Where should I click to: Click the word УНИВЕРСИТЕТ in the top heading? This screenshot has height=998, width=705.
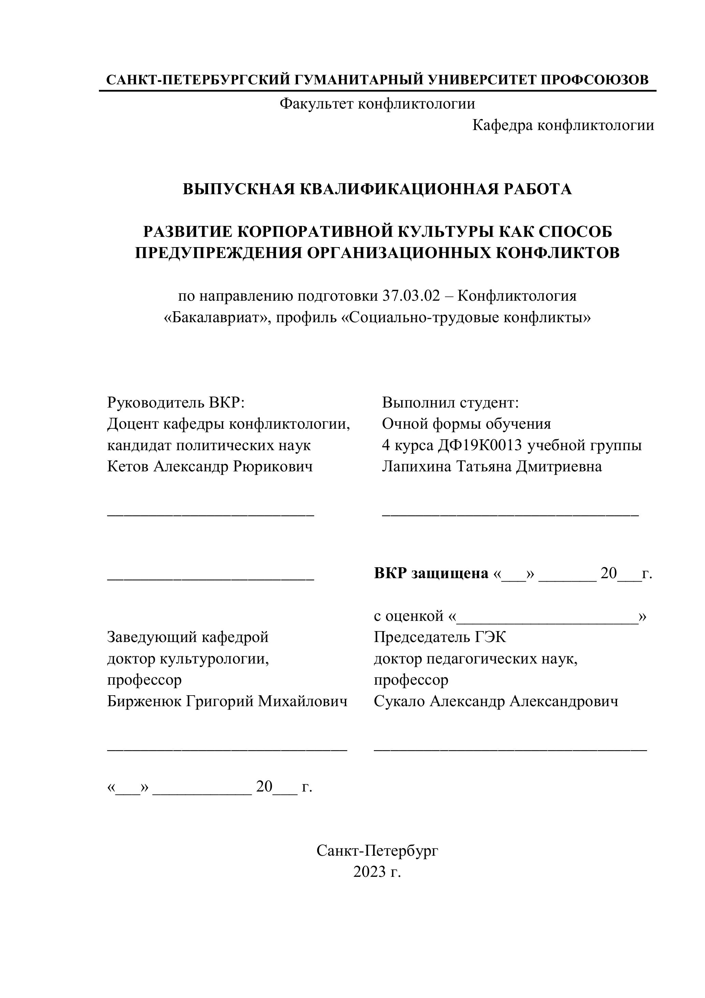[x=482, y=80]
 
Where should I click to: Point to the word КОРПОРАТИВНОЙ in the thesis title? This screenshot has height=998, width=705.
[x=314, y=232]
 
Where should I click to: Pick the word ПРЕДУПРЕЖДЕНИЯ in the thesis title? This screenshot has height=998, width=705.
[x=218, y=253]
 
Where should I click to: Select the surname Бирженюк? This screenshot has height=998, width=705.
[x=144, y=701]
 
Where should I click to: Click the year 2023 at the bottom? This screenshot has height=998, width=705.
[x=369, y=872]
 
